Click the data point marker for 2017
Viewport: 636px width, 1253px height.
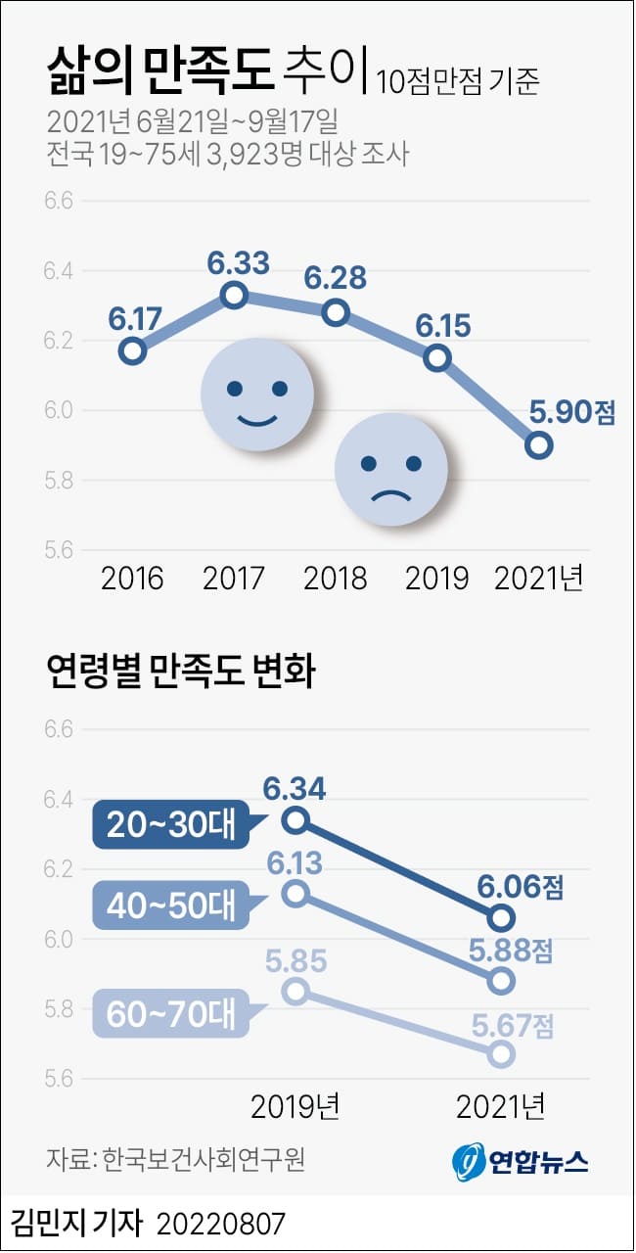pos(233,295)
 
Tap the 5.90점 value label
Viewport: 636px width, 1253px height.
pos(572,412)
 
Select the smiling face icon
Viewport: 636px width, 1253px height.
pos(257,394)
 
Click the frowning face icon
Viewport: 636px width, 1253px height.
pos(391,470)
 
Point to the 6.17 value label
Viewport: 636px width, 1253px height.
pos(135,319)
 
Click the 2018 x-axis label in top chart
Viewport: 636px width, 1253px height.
pos(335,578)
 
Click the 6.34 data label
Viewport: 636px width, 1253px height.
pos(295,787)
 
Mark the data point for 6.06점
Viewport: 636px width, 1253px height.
pos(502,917)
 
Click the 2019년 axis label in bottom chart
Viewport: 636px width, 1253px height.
pos(295,1106)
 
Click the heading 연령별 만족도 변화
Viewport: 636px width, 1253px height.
pos(180,673)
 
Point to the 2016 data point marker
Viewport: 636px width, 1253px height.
pos(133,350)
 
